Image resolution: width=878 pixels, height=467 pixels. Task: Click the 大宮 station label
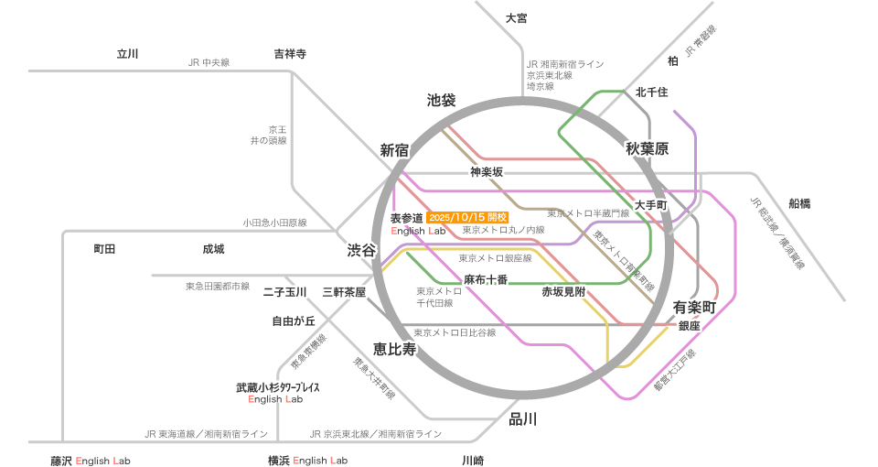point(517,18)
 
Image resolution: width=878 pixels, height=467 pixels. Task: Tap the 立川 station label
point(127,53)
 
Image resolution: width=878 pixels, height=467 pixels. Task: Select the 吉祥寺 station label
point(290,53)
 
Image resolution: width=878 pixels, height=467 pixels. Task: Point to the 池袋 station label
point(441,100)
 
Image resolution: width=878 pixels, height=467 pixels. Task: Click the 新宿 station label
point(394,149)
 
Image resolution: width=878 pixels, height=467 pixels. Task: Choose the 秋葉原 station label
point(648,148)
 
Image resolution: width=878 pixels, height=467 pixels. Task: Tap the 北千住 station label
point(652,92)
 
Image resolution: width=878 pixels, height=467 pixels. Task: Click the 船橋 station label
point(799,203)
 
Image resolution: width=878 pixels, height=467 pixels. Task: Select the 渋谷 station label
point(360,250)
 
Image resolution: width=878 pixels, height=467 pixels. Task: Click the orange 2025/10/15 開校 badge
point(467,218)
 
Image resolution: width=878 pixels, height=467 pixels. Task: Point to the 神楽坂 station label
point(487,171)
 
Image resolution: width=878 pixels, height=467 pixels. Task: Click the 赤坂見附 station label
point(562,292)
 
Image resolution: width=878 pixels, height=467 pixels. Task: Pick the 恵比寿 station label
point(393,348)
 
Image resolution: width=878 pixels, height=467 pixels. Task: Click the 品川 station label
point(522,419)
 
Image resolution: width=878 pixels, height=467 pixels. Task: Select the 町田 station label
point(104,249)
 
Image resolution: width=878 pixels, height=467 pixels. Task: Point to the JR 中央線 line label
point(209,62)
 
